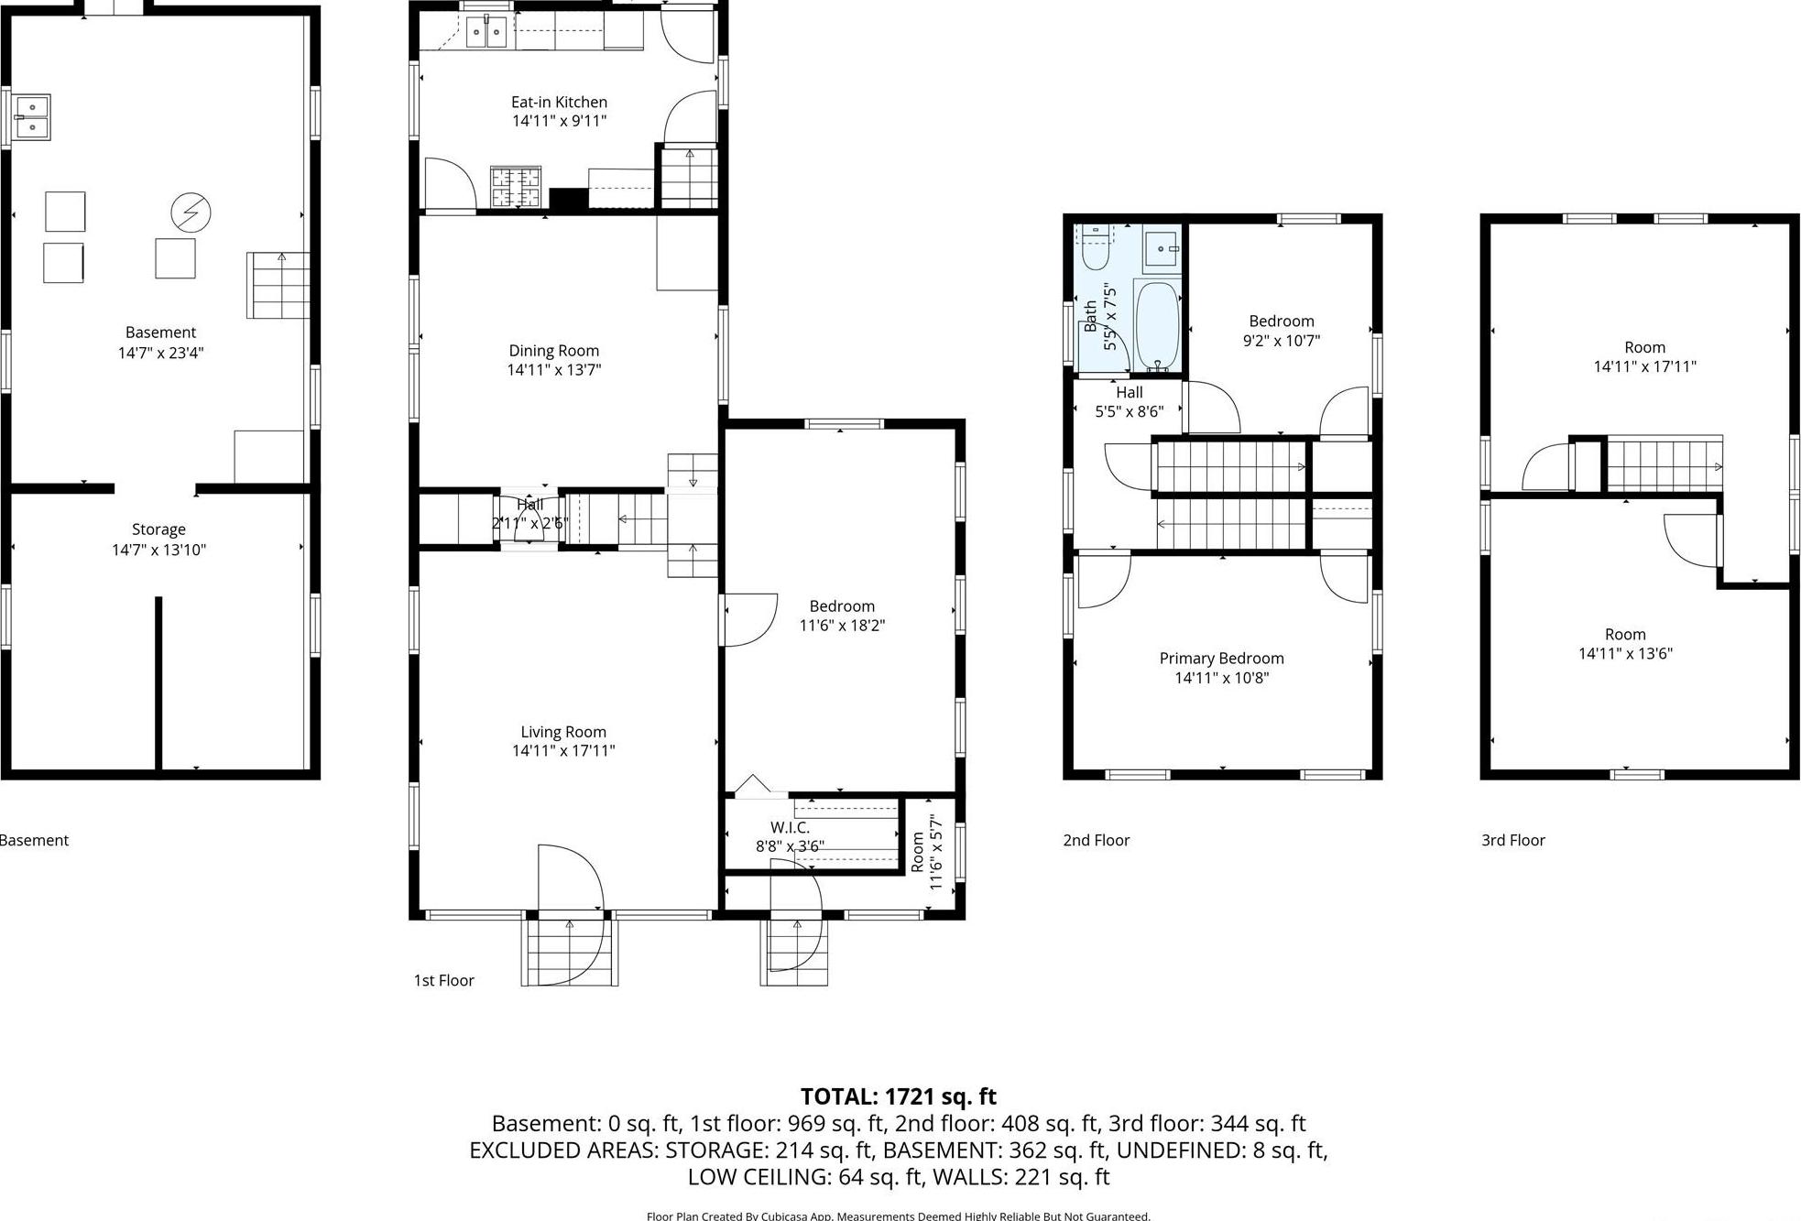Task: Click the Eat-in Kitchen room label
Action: click(x=559, y=102)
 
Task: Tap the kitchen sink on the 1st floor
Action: click(x=486, y=33)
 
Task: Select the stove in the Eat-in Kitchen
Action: click(x=516, y=187)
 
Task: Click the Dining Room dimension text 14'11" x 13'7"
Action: click(x=554, y=370)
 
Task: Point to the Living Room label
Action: click(x=563, y=732)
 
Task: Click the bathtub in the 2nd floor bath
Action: click(x=1156, y=325)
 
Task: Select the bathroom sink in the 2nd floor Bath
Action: click(x=1162, y=248)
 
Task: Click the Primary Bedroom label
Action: click(x=1221, y=659)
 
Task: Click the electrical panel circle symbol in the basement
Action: click(x=191, y=213)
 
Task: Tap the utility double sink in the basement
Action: click(x=32, y=117)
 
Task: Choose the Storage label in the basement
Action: click(x=158, y=529)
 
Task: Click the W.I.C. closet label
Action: click(x=790, y=828)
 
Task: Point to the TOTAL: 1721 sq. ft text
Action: click(x=898, y=1096)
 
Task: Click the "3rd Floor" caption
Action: click(x=1512, y=840)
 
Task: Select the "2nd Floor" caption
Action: click(x=1096, y=840)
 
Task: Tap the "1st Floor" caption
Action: click(x=443, y=980)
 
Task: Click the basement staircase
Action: click(x=278, y=286)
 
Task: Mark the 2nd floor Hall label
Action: click(x=1129, y=393)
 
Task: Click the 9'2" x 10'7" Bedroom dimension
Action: click(x=1281, y=341)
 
